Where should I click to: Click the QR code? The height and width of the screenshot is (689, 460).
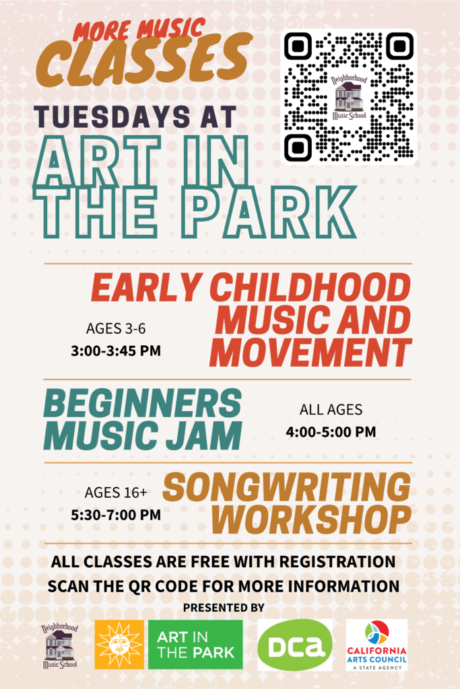(349, 97)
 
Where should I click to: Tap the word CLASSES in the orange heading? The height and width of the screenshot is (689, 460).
(144, 60)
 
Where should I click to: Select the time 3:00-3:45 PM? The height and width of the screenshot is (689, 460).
(116, 351)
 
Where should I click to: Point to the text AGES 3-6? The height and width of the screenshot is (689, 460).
(116, 328)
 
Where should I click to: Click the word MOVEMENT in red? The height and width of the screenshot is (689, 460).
(310, 353)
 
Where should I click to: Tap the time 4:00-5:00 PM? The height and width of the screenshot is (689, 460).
(331, 432)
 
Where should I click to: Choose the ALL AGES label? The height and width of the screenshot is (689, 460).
(331, 410)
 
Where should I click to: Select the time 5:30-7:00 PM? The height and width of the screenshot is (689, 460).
(116, 515)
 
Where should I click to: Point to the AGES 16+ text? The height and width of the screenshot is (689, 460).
(116, 493)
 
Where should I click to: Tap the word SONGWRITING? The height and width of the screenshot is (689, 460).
(287, 487)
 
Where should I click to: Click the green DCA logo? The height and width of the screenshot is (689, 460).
(295, 645)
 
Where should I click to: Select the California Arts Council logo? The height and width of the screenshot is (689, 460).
(377, 645)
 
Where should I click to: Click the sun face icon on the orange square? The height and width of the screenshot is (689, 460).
(119, 645)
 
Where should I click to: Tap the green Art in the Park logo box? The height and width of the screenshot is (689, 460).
(195, 645)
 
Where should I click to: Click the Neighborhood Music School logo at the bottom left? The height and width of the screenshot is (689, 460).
(60, 646)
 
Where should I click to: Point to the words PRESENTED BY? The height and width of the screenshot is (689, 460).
(224, 608)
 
